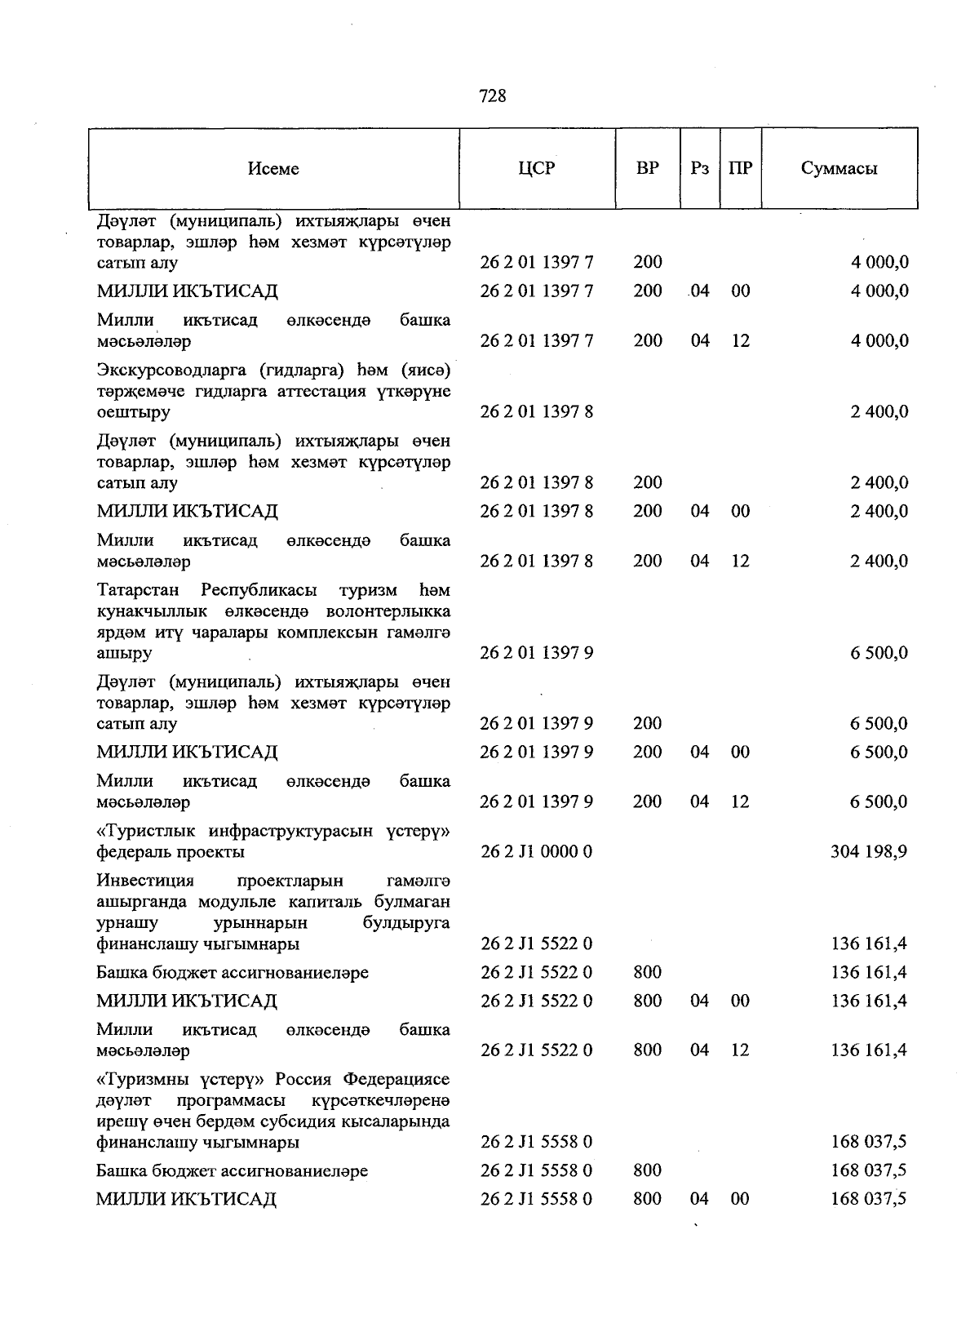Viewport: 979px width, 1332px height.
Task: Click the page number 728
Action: pos(493,96)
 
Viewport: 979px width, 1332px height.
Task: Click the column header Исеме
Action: pos(274,169)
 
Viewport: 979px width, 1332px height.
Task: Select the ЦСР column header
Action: pos(536,169)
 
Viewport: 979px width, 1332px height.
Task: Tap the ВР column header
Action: pos(648,169)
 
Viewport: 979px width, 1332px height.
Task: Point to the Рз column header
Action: pos(699,169)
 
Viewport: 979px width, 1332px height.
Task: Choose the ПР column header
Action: pos(740,169)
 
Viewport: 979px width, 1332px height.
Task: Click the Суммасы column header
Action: pos(839,169)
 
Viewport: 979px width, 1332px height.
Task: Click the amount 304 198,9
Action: pos(869,852)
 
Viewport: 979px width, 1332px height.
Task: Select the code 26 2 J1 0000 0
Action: pos(536,852)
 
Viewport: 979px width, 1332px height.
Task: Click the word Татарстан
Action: pos(138,590)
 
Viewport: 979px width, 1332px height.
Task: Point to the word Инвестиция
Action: pos(145,881)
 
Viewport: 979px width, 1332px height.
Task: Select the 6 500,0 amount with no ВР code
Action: pos(879,653)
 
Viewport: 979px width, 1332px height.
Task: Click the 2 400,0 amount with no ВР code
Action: pos(879,412)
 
